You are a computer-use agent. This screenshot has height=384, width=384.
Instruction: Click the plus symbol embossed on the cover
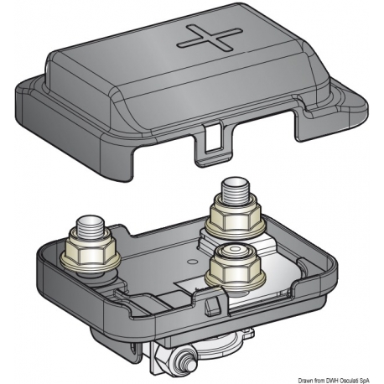(x=210, y=39)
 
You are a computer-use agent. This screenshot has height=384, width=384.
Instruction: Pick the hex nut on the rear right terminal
(x=233, y=219)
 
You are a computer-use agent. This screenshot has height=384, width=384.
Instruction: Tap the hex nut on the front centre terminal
(x=233, y=269)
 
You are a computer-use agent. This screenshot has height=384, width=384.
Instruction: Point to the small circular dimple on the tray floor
(x=191, y=262)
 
